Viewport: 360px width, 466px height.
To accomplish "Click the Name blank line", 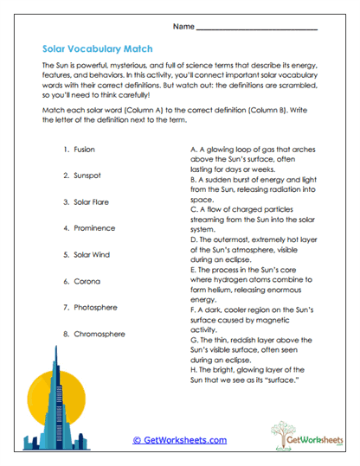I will pyautogui.click(x=257, y=29).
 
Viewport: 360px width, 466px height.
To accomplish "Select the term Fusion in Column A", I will pyautogui.click(x=85, y=150).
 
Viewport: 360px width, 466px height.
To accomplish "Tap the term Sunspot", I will pyautogui.click(x=88, y=176).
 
